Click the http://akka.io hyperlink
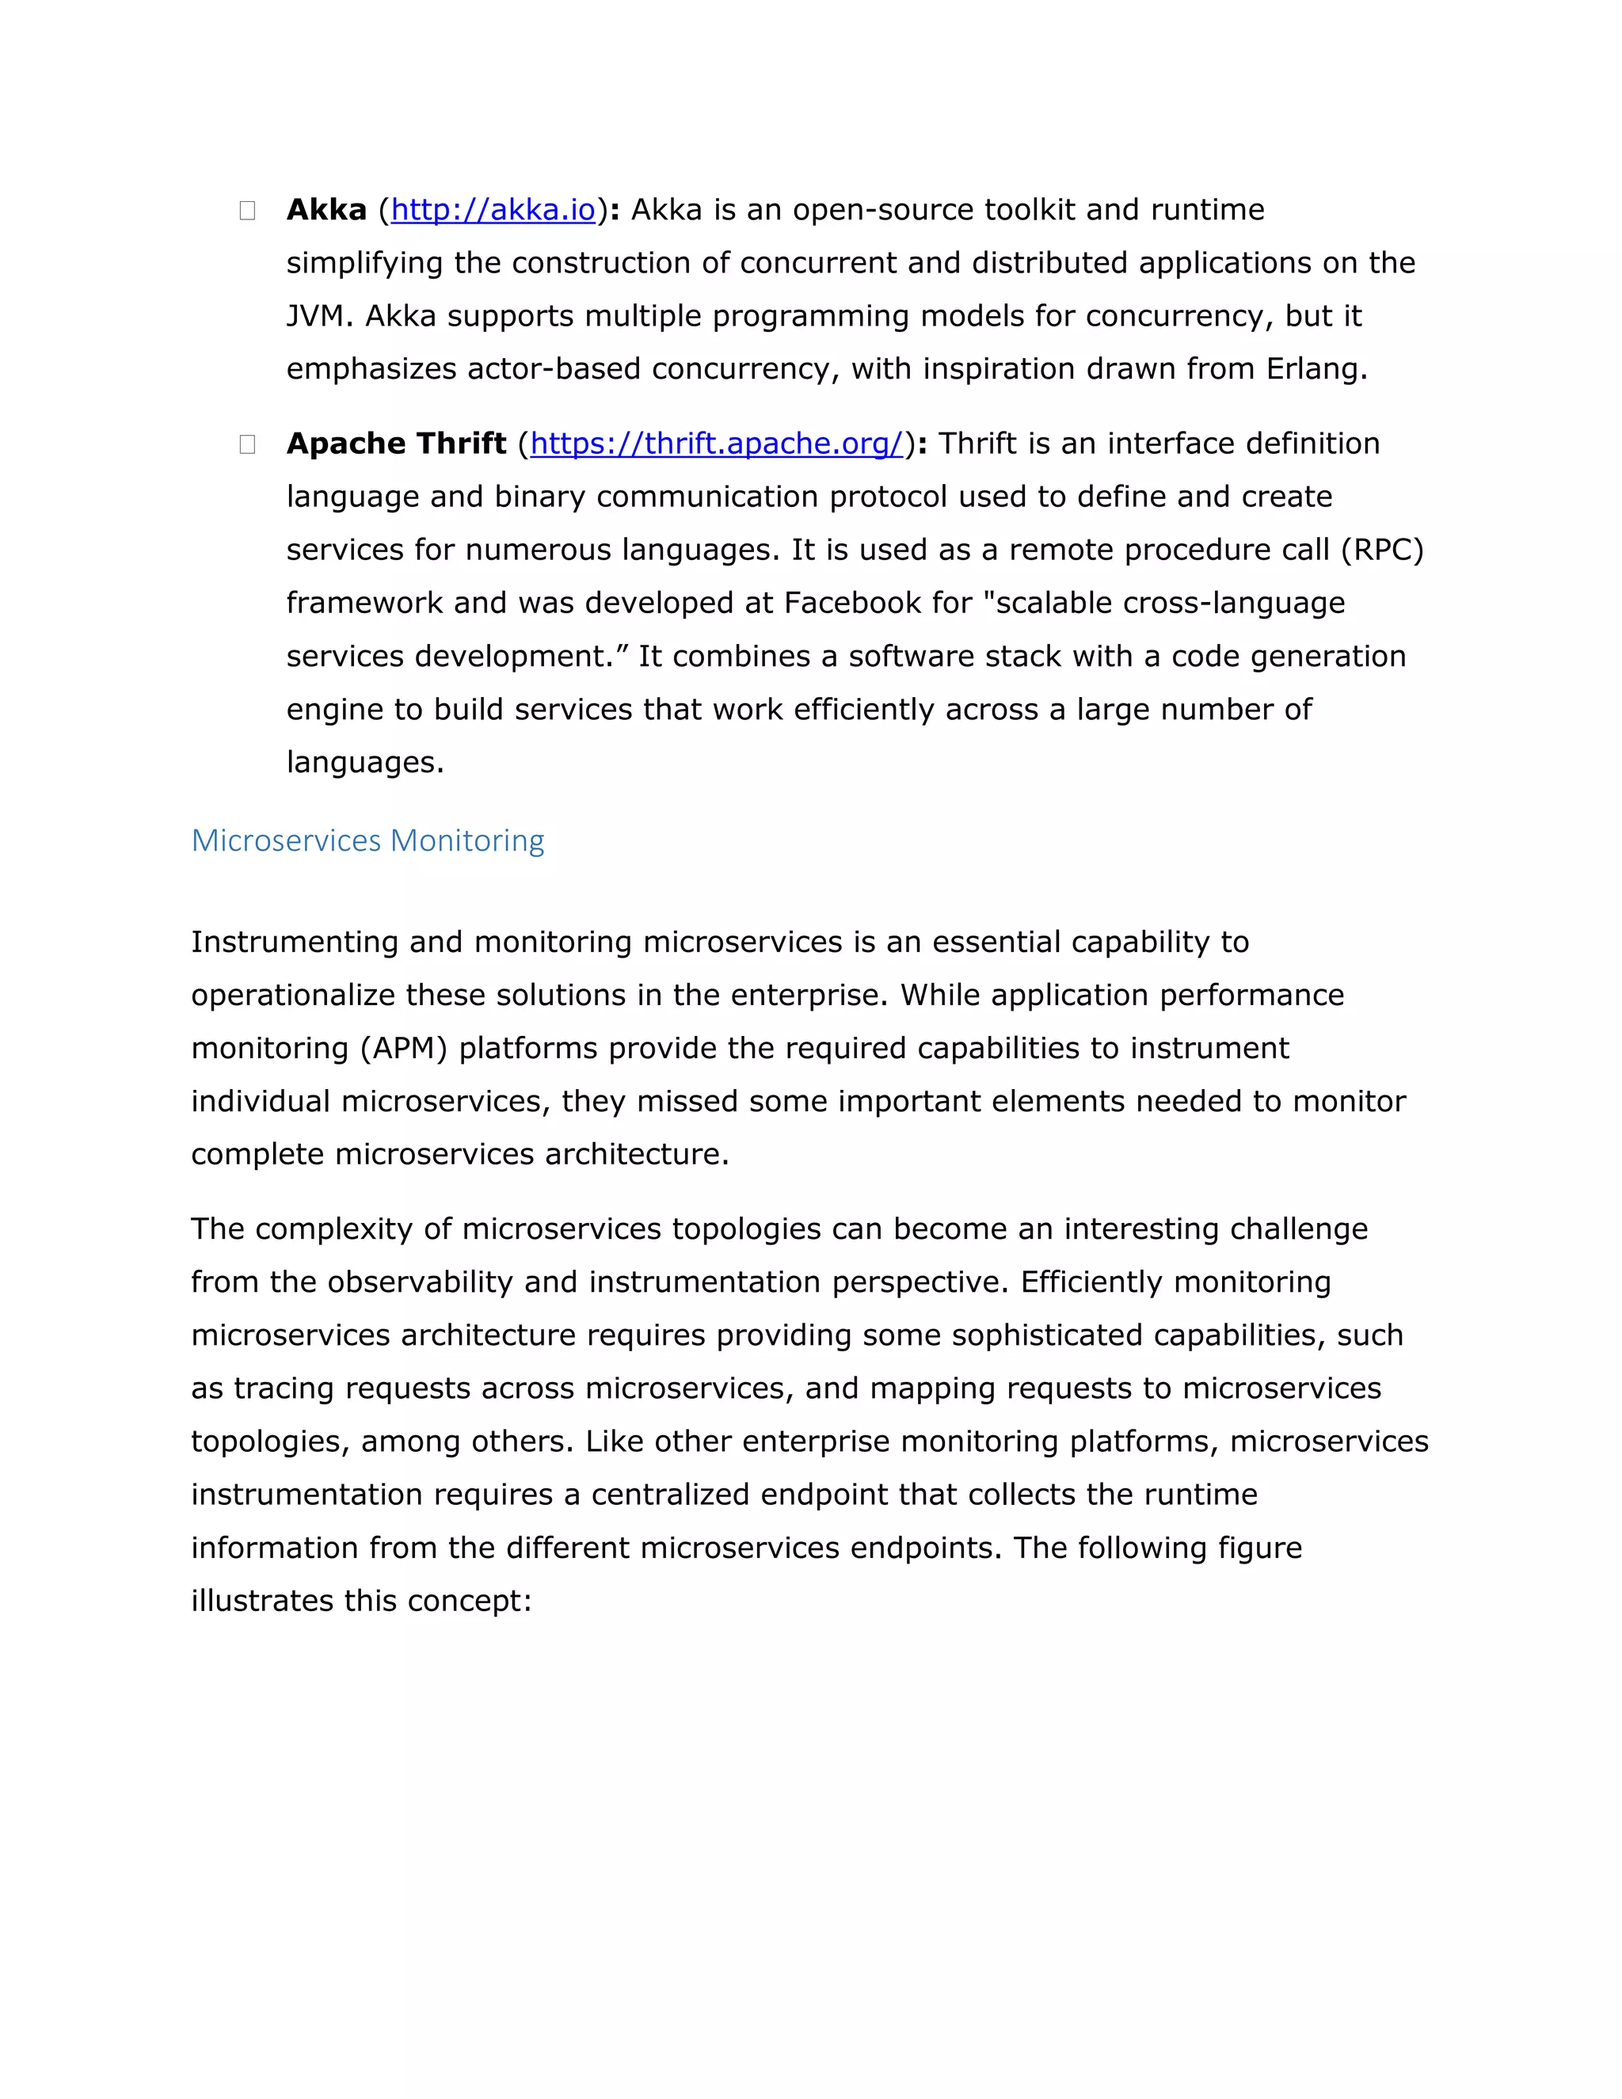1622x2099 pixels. pos(493,210)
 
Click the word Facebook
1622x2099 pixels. pos(852,603)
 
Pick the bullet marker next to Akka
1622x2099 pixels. pos(247,211)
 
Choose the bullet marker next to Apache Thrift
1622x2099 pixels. pos(247,444)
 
